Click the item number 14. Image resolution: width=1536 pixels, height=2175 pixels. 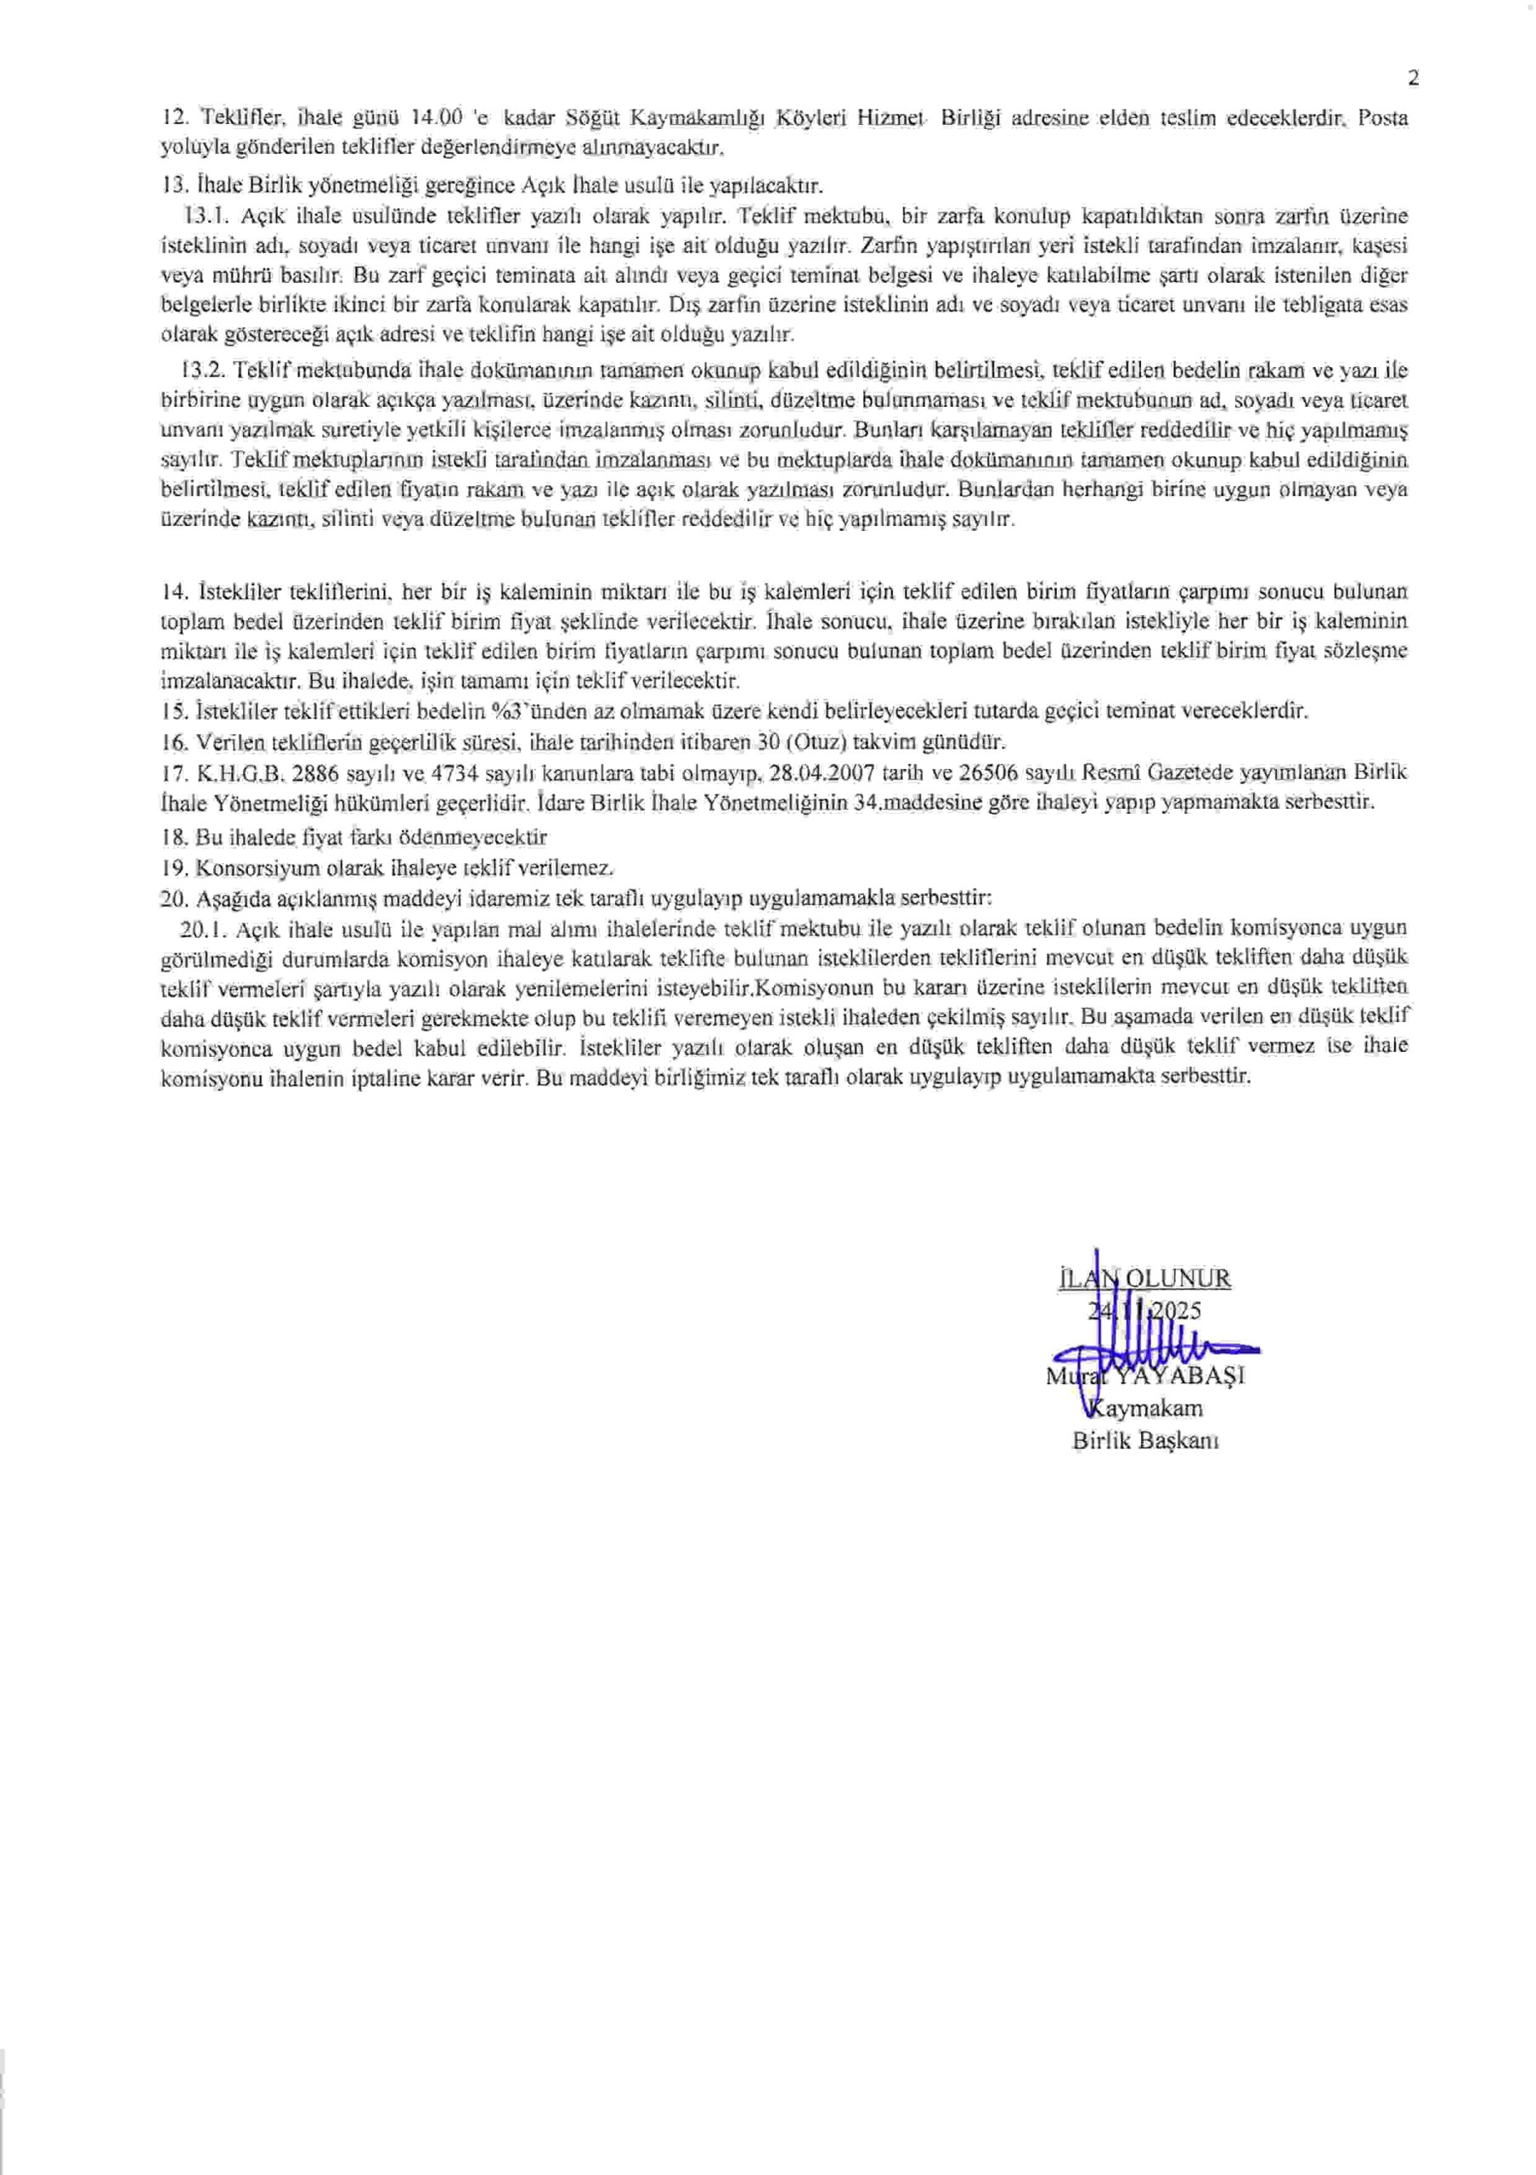point(176,592)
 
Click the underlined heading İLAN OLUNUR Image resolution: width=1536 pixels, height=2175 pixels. point(1144,1279)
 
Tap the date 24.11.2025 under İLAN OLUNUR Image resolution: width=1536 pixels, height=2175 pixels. point(1144,1310)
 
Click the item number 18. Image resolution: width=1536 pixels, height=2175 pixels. point(176,838)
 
